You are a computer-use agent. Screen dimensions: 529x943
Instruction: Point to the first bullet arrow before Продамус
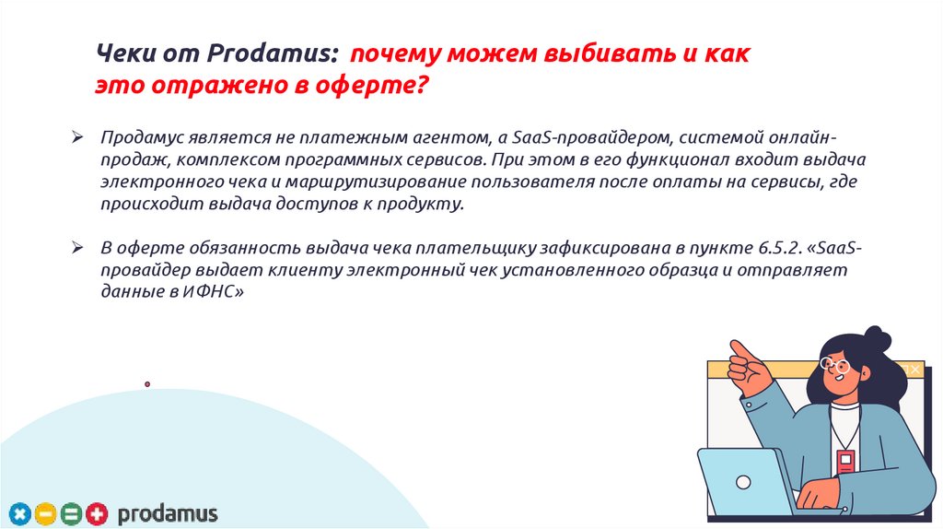(x=79, y=137)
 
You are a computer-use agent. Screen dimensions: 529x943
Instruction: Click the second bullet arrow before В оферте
(x=79, y=249)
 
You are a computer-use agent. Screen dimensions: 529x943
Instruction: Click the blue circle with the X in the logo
(x=21, y=513)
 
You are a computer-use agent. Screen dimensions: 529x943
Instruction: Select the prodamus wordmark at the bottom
(x=167, y=513)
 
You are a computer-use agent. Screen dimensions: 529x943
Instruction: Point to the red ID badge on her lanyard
(x=844, y=461)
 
